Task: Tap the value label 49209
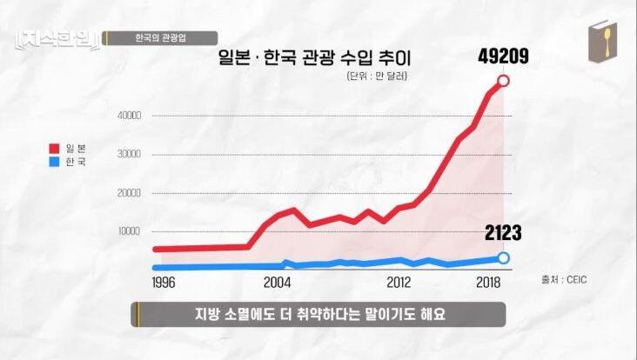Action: tap(504, 57)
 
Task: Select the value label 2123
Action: tap(504, 232)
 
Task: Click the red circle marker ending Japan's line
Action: tap(504, 82)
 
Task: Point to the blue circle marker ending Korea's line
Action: tap(504, 257)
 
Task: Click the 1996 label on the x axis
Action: tap(164, 283)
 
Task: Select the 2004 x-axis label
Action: tap(277, 283)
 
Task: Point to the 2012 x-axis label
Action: tap(399, 283)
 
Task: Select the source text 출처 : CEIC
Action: tap(565, 280)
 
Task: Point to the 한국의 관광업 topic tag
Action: tap(160, 37)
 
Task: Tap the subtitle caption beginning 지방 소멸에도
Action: tap(318, 314)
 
